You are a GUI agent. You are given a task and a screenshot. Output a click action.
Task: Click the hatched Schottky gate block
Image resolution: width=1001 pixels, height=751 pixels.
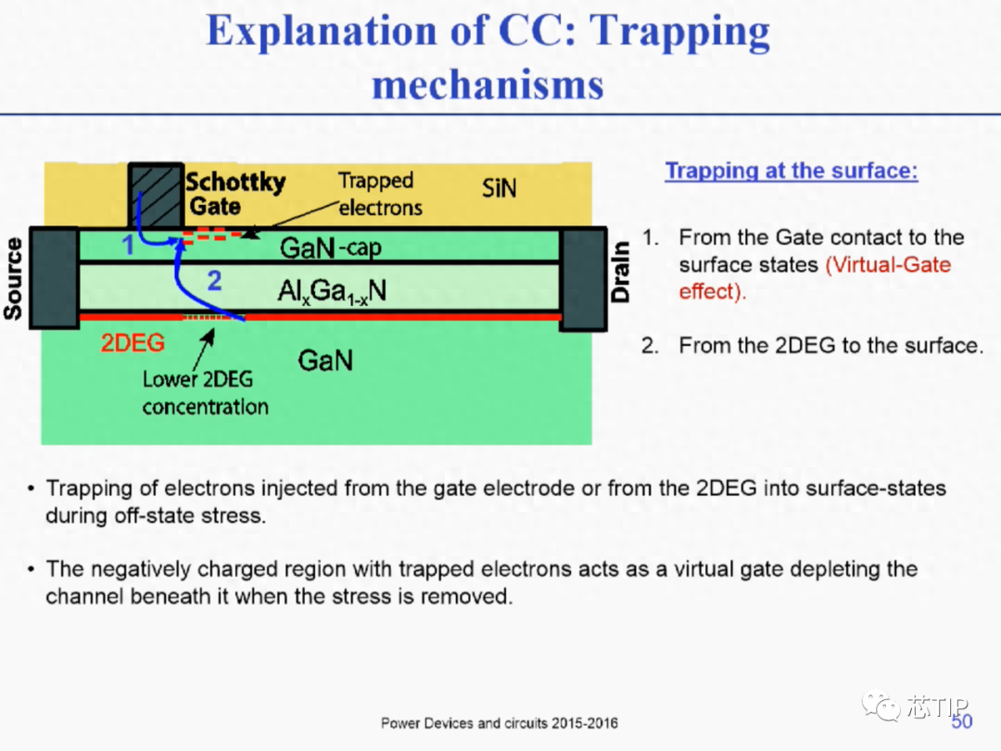tap(157, 196)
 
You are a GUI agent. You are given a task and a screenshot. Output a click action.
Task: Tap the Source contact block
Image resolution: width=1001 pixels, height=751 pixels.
tap(55, 278)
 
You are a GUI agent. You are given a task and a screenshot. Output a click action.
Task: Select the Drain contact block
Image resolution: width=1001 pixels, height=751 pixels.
tap(583, 279)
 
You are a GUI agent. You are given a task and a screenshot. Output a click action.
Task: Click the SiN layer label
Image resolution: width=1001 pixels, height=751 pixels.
tap(499, 188)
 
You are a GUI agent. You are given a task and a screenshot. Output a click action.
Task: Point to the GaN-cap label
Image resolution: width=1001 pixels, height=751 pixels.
tap(330, 248)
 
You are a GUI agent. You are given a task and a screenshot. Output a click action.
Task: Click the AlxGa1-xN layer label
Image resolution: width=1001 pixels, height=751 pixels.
tap(331, 292)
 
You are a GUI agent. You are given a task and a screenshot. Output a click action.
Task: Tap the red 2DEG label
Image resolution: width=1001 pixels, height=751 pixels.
tap(133, 343)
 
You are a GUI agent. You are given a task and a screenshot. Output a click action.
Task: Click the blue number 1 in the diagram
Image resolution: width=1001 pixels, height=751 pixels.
tap(128, 245)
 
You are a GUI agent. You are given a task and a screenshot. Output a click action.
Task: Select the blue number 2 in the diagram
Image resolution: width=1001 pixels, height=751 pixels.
tap(214, 280)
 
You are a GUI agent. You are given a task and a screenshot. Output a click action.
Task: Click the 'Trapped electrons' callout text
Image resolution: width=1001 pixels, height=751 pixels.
tap(380, 194)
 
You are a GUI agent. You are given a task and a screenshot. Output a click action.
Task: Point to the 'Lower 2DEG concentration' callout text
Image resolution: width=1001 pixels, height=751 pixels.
tap(205, 393)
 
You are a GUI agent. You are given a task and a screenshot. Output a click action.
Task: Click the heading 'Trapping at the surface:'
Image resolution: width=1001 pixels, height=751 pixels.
tap(792, 171)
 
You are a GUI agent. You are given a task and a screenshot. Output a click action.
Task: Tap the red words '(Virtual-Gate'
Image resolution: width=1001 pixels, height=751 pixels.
tap(888, 264)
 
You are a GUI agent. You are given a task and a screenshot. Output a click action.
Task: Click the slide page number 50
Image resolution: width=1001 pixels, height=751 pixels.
tap(961, 721)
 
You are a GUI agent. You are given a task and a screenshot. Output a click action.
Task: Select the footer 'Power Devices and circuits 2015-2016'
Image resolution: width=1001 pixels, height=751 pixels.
tap(500, 723)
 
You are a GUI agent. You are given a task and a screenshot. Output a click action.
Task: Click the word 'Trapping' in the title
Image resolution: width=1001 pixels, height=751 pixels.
tap(679, 31)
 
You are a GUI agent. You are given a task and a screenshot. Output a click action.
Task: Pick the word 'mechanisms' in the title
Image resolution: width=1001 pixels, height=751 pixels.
tap(488, 84)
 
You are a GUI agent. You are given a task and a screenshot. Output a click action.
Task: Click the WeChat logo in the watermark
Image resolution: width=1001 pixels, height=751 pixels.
tap(881, 705)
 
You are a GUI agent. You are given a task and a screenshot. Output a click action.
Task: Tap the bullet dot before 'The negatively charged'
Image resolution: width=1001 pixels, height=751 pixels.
tap(31, 568)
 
